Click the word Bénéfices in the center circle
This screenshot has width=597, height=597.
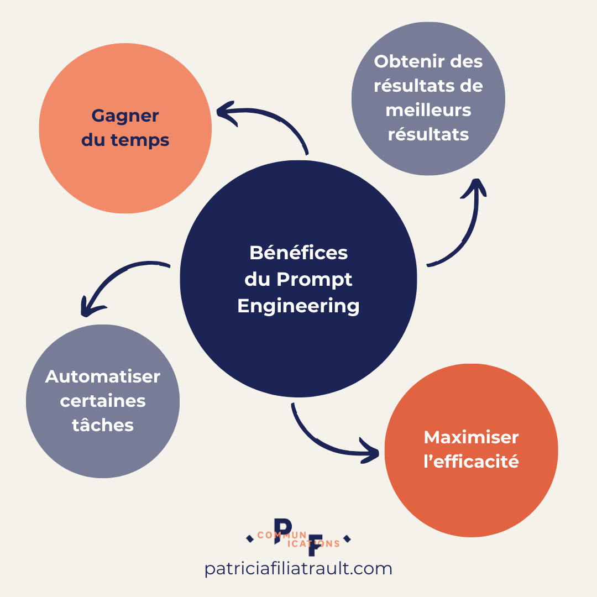298,253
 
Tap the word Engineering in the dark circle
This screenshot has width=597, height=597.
298,306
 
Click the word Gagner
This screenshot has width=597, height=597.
125,116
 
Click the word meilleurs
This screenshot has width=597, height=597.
428,109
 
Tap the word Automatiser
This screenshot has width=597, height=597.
103,376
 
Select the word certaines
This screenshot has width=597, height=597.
103,401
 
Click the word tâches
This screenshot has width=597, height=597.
103,425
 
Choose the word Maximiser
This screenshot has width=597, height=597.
471,437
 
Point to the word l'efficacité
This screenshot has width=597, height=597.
471,462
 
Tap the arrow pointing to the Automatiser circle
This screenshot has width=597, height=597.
116,282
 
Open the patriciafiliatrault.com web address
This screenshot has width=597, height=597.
298,568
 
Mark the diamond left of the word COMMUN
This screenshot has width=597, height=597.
250,538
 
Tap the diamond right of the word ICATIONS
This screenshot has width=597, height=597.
347,538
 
